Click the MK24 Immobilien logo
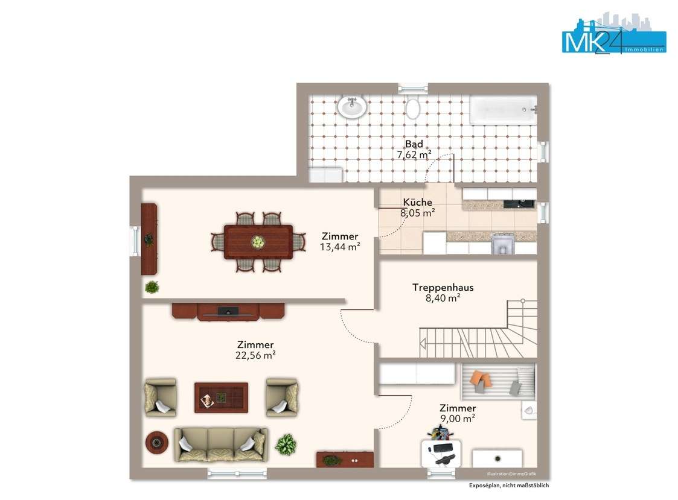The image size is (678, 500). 613,33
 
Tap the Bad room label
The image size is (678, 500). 414,144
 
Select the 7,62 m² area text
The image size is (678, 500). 414,154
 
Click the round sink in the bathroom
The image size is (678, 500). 352,106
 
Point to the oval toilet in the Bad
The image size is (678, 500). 412,109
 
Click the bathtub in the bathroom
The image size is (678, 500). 503,110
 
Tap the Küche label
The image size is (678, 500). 417,202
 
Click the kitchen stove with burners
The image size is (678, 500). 502,243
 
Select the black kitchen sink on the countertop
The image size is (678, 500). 518,204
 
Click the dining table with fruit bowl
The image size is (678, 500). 258,242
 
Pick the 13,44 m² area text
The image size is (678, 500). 340,247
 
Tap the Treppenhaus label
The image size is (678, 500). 443,287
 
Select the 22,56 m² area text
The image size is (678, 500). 255,355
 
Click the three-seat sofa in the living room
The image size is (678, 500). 221,445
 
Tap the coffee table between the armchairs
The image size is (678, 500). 221,397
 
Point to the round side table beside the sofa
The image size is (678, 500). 156,442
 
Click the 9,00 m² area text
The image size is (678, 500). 458,419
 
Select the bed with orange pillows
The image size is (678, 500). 498,382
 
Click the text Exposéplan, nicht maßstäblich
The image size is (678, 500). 509,486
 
